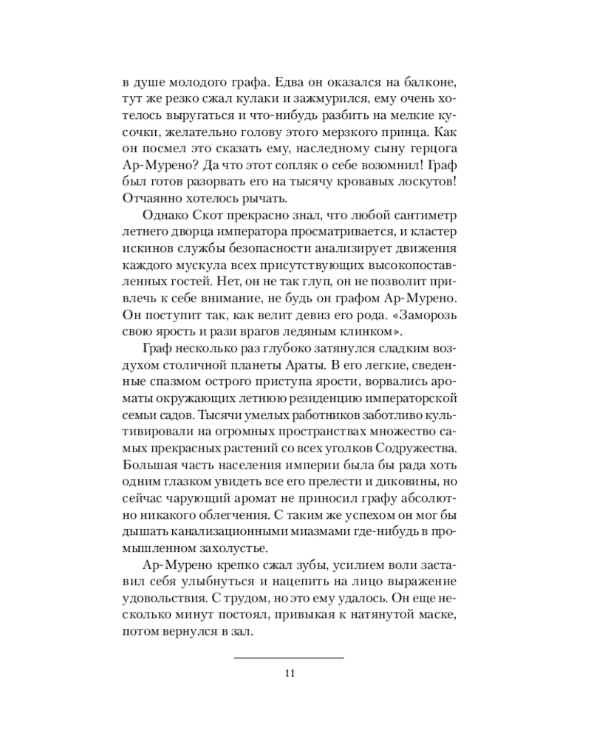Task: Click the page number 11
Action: (290, 672)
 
